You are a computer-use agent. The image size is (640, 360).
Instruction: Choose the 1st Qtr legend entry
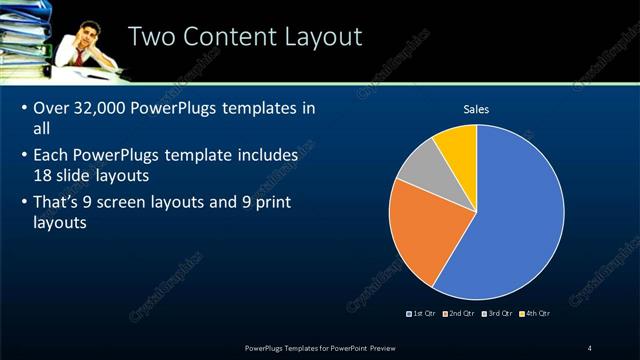click(421, 314)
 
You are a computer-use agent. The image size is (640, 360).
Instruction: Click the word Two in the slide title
click(156, 37)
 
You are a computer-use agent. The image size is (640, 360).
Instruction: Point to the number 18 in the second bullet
click(43, 174)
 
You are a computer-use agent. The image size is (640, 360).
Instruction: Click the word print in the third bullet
click(298, 202)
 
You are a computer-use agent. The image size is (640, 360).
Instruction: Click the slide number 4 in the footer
click(590, 347)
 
